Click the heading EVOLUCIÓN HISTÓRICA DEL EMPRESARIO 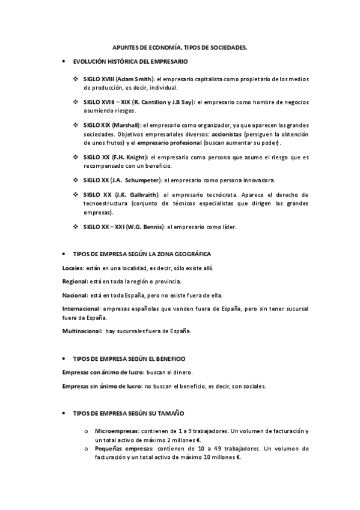[130, 62]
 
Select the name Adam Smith [135, 79]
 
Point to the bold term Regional [75, 281]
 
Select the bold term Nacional [75, 295]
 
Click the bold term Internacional [81, 309]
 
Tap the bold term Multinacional [82, 331]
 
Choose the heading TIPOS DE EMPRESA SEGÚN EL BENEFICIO [129, 358]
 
